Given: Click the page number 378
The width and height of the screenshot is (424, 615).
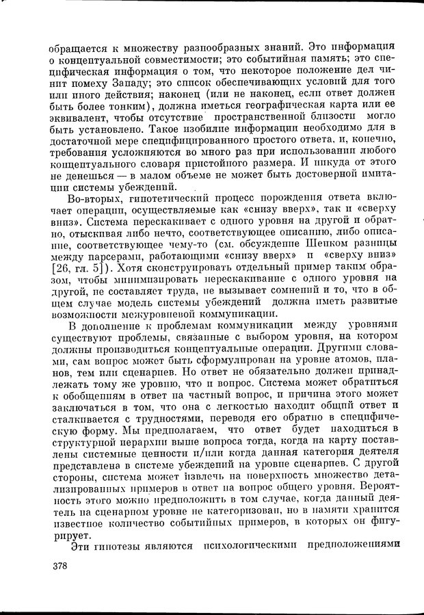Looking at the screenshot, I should [61, 566].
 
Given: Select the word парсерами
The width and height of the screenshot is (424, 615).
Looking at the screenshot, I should [117, 254].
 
